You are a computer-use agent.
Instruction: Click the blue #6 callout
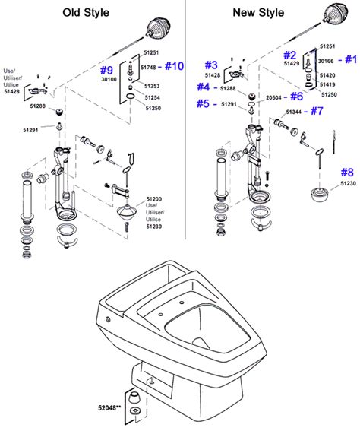pos(297,97)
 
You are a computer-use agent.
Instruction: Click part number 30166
pos(327,60)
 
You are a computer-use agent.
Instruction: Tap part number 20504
pos(275,97)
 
